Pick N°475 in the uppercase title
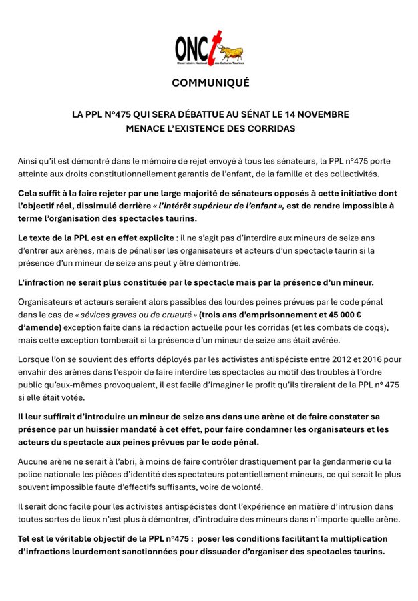point(121,114)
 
